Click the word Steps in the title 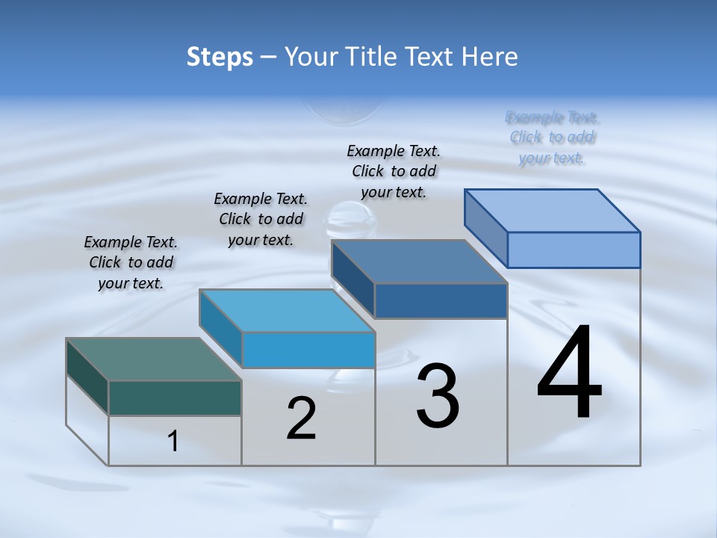tap(220, 58)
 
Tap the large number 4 tap(569, 373)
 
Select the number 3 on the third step tap(438, 396)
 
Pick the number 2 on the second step tap(302, 418)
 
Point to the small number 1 tap(173, 442)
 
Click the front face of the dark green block tap(175, 398)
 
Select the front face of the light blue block tap(308, 350)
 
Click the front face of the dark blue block tap(441, 300)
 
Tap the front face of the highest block tap(574, 250)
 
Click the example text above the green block tap(131, 263)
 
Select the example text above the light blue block tap(261, 220)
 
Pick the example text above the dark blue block tap(394, 171)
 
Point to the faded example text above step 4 tap(552, 137)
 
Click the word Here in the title tap(490, 58)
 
